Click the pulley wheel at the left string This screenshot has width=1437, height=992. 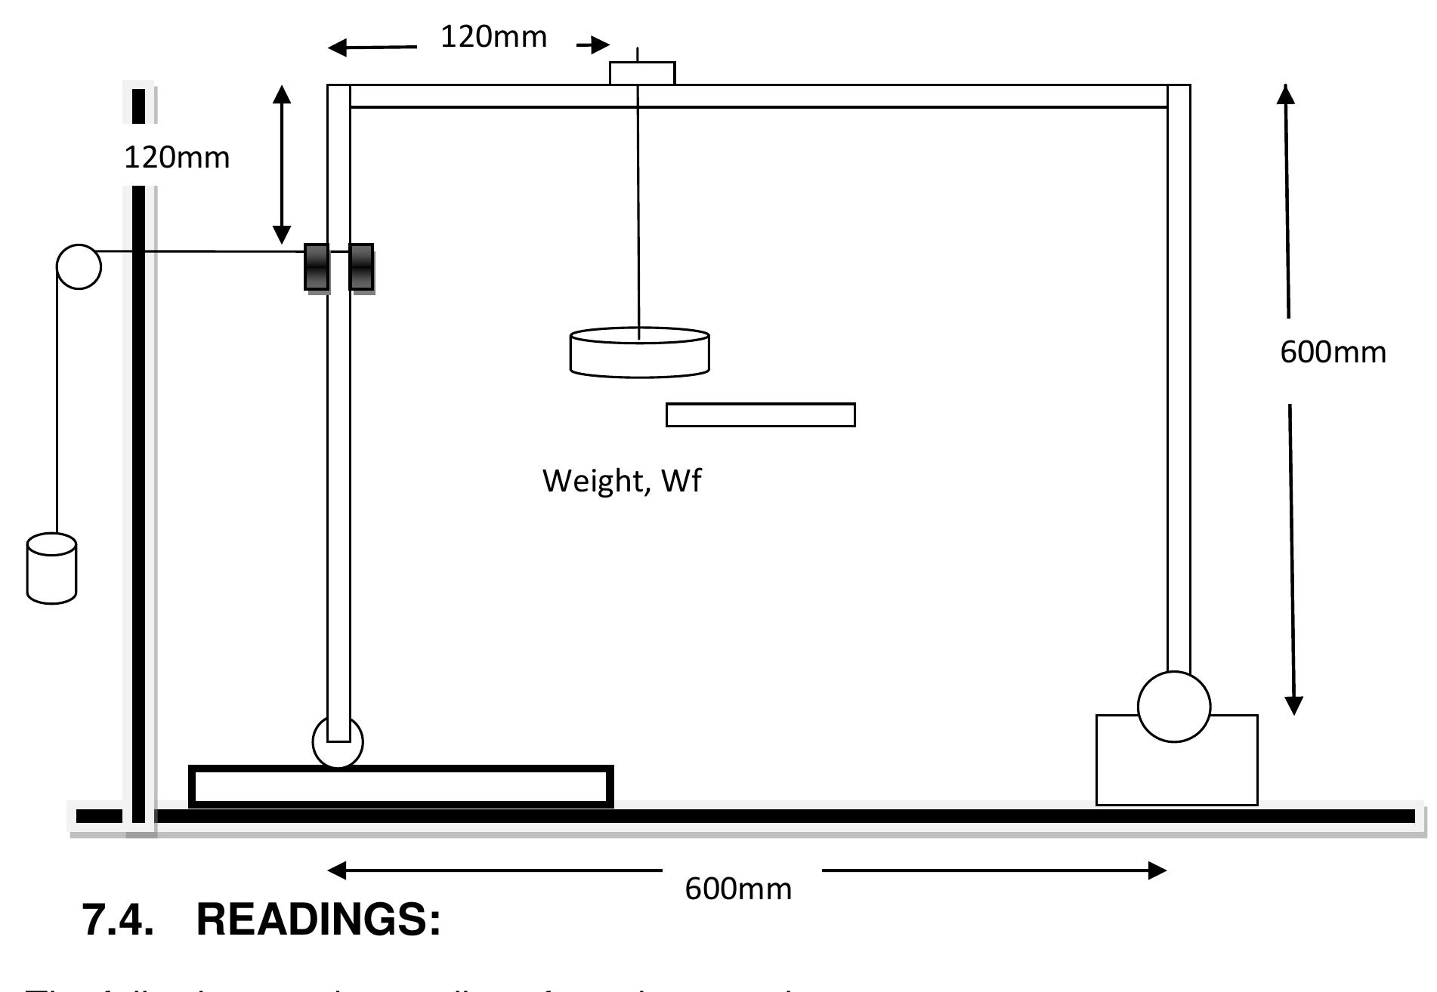79,267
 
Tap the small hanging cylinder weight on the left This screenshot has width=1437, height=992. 51,569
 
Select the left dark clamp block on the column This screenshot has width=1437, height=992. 317,267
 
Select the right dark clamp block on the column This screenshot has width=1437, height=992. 361,267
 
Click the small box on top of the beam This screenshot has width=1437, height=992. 642,73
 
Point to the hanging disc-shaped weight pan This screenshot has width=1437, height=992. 639,352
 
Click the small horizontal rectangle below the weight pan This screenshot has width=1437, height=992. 760,415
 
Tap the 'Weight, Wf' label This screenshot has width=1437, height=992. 622,481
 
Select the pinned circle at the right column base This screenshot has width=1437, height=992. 1174,707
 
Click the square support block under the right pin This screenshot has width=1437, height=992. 1176,770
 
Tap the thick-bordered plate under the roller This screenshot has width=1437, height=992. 400,787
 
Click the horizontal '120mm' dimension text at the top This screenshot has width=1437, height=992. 493,36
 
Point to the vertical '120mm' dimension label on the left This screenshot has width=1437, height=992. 177,157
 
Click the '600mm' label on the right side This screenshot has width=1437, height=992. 1333,353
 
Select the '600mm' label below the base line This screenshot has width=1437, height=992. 738,889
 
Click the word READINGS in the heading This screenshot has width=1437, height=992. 318,920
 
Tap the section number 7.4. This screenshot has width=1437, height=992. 117,920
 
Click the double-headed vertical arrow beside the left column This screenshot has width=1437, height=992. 282,165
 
